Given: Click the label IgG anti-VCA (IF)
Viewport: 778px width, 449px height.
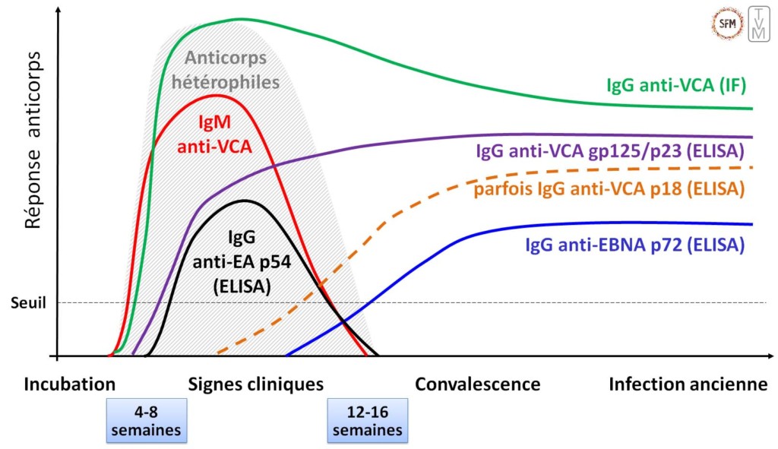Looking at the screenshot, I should coord(675,85).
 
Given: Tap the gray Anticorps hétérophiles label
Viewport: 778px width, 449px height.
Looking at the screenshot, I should coord(231,70).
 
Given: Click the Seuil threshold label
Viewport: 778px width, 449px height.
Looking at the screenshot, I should coord(30,302).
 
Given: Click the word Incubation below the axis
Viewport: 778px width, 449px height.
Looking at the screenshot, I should coord(70,384).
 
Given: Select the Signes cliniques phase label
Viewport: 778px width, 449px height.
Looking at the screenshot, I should coord(255,384).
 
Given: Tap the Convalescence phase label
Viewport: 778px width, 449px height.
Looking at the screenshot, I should coord(477,384).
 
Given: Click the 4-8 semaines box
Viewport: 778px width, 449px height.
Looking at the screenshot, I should coord(146,420).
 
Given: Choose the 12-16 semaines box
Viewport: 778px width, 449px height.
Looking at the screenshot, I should coord(367,420).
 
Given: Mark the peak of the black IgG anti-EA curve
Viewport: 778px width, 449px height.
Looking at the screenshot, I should coord(244,201).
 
